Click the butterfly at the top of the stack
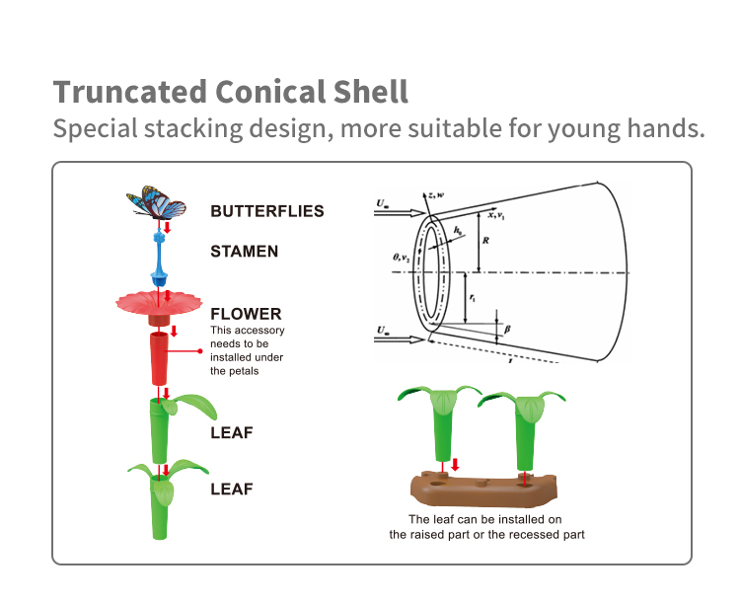point(157,205)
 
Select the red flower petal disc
point(158,300)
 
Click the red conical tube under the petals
point(160,358)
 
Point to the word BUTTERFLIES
point(266,210)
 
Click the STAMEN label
point(244,252)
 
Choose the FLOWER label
point(246,314)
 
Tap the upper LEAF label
point(231,432)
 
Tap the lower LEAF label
point(231,489)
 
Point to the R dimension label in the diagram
point(485,237)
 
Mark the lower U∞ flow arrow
point(401,334)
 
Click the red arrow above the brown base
point(455,464)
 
